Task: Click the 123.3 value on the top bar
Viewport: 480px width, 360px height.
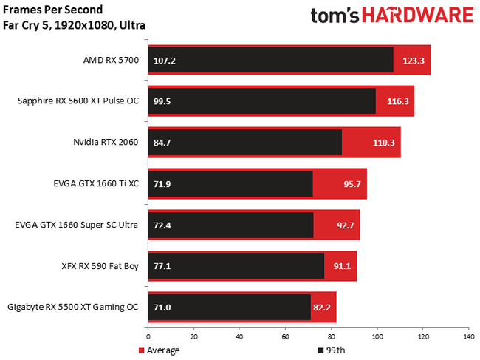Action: [414, 61]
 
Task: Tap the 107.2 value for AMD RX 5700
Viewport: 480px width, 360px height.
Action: [165, 61]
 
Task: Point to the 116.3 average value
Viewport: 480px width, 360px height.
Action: [397, 101]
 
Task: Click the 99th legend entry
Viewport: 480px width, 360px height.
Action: [332, 350]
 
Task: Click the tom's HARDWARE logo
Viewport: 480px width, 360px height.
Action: [391, 17]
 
